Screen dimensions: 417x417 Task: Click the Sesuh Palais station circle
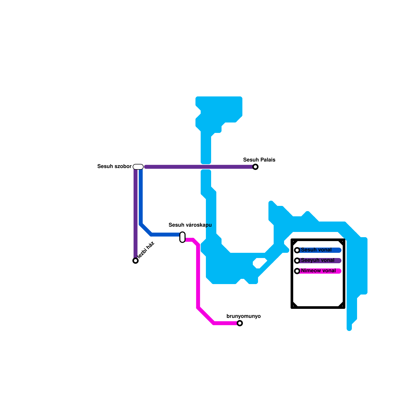[255, 167]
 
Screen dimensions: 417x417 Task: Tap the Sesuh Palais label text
[259, 160]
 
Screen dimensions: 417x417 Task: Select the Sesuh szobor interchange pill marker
[138, 167]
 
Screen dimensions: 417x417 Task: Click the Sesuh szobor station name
[114, 166]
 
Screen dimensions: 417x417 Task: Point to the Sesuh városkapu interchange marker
[182, 237]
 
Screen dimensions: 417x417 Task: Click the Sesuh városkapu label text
[190, 225]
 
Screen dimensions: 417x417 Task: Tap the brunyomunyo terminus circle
[240, 323]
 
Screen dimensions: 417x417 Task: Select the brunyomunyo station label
[243, 316]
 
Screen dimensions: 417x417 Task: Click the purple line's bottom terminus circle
[136, 261]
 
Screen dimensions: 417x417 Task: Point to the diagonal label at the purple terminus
[146, 250]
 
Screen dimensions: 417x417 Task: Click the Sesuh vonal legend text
[316, 250]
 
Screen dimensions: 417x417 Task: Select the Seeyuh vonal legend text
[317, 260]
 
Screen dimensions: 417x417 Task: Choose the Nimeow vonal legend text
[318, 271]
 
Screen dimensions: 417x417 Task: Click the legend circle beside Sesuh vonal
[297, 250]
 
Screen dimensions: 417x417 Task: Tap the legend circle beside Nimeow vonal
[297, 271]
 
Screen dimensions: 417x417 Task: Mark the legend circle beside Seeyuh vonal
[297, 261]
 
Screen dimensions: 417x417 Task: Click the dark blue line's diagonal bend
[146, 229]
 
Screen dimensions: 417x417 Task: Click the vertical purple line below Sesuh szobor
[136, 214]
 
